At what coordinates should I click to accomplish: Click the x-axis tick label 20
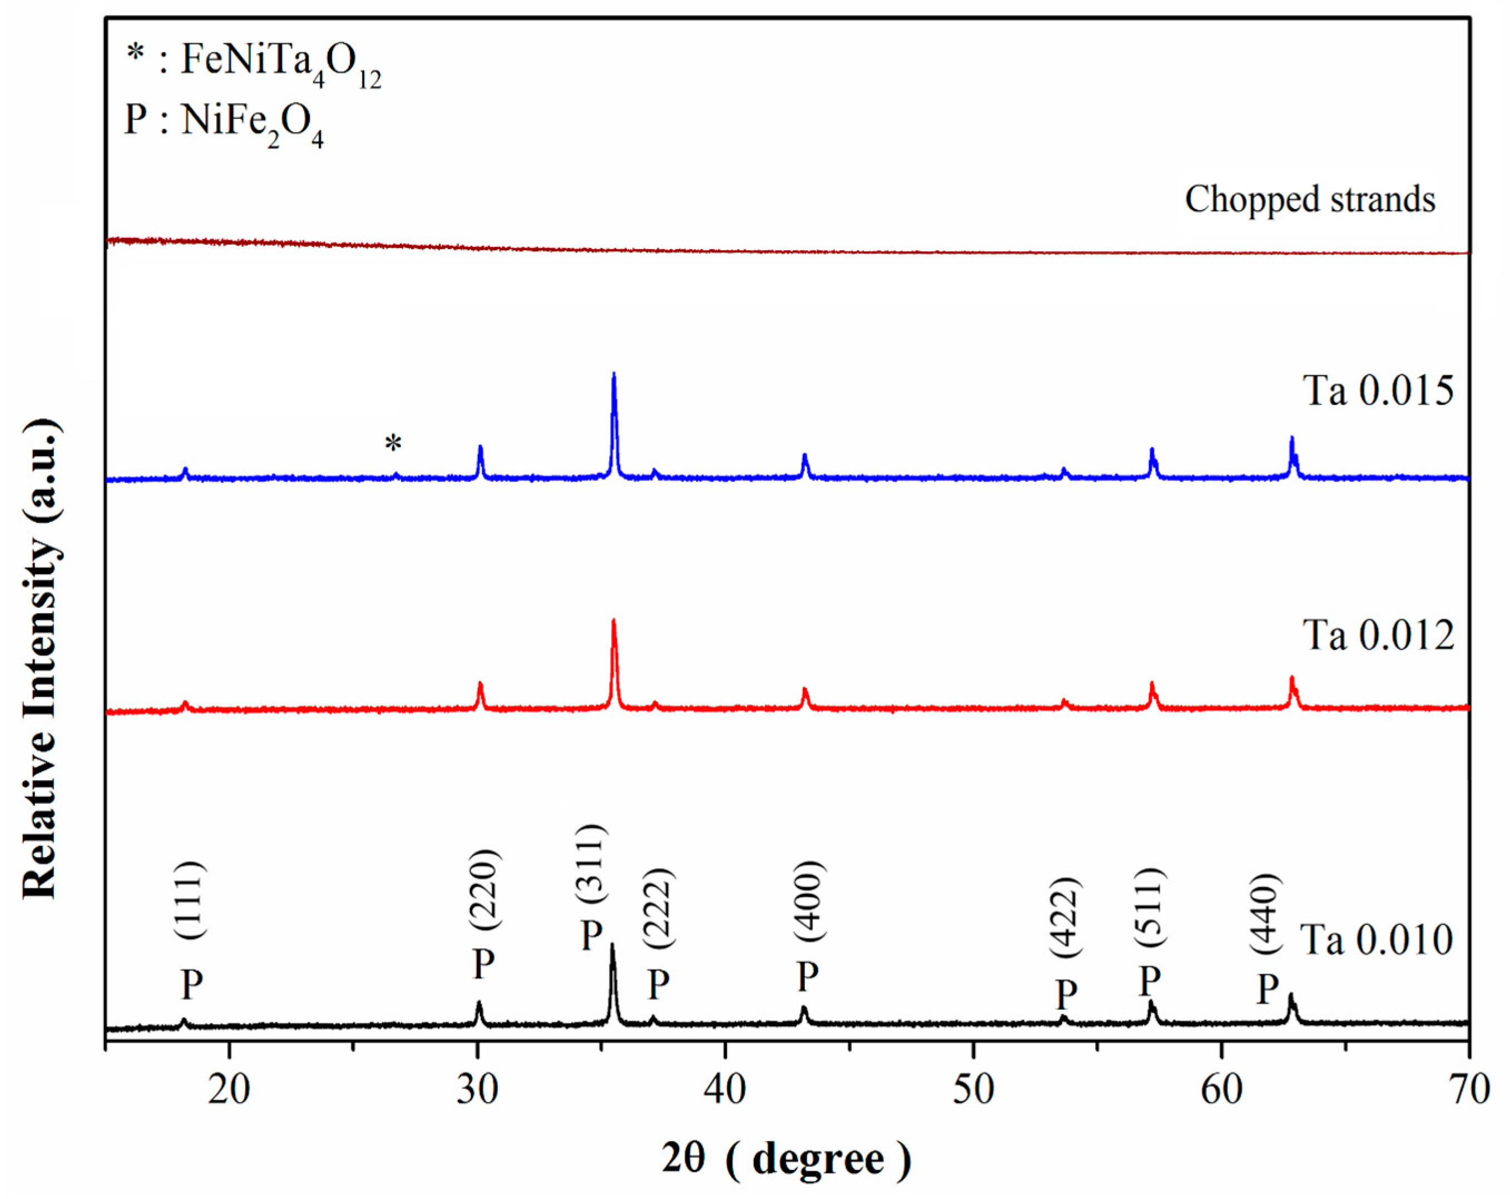229,1091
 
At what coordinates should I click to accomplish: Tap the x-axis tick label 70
1469,1091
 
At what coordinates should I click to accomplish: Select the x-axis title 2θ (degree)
786,1158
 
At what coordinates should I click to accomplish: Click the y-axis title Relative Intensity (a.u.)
41,658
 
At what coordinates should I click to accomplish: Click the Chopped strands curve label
1310,199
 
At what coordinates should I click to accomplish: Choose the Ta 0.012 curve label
1378,635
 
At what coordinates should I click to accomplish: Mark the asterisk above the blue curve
394,443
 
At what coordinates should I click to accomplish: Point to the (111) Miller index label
189,900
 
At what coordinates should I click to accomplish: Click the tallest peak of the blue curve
614,375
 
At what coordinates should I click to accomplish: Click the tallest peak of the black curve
613,946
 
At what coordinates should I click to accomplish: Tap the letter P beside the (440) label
1268,989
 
